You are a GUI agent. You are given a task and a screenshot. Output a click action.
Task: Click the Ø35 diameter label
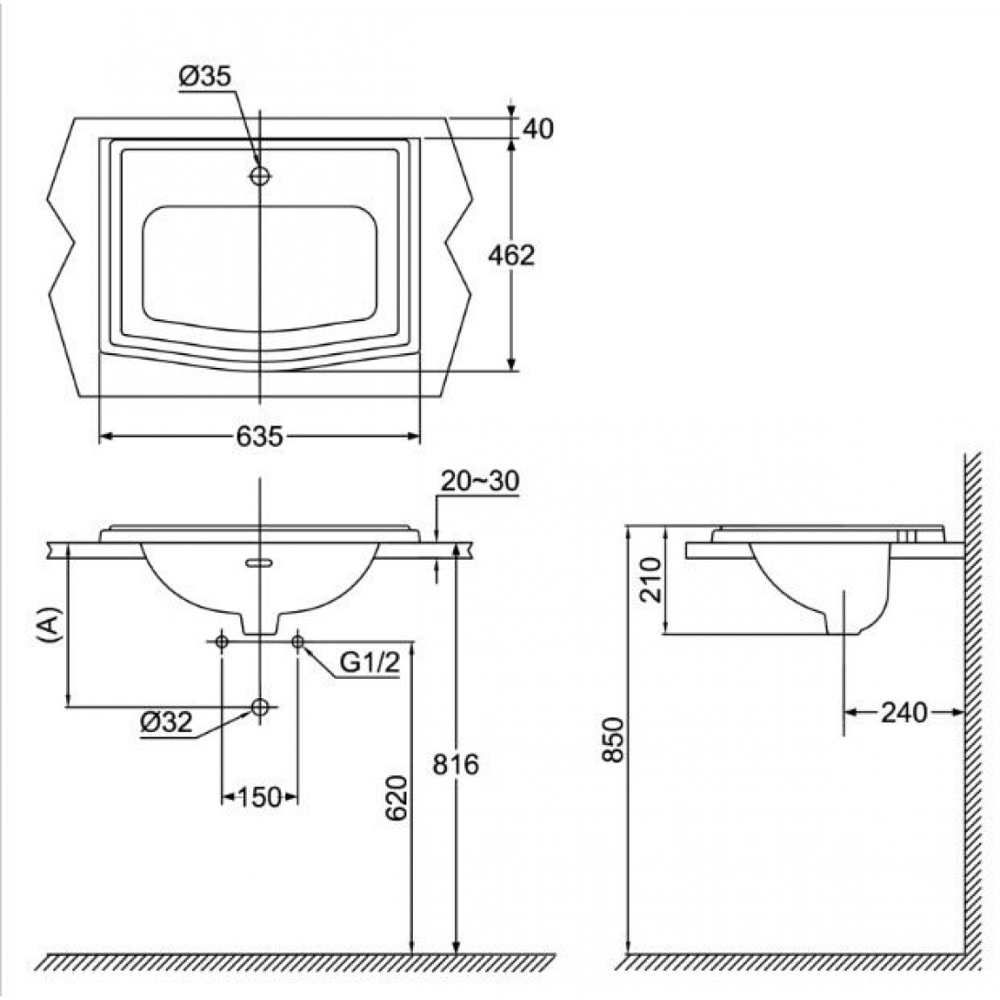pos(205,76)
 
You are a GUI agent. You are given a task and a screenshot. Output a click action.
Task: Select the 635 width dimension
pos(259,437)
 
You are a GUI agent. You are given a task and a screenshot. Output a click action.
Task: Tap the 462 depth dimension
pos(511,255)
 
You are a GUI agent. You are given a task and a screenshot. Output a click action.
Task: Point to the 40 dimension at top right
pos(539,128)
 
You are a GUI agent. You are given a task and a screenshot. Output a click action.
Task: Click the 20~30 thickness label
pos(480,482)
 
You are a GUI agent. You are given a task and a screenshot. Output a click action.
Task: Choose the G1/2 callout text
pos(370,663)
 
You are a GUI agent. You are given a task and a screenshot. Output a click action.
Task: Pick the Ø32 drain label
pos(166,723)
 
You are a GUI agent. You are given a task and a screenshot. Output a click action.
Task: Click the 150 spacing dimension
pos(259,797)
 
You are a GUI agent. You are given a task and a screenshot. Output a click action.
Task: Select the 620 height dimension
pos(396,798)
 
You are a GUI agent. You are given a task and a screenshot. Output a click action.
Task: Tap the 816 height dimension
pos(455,764)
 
